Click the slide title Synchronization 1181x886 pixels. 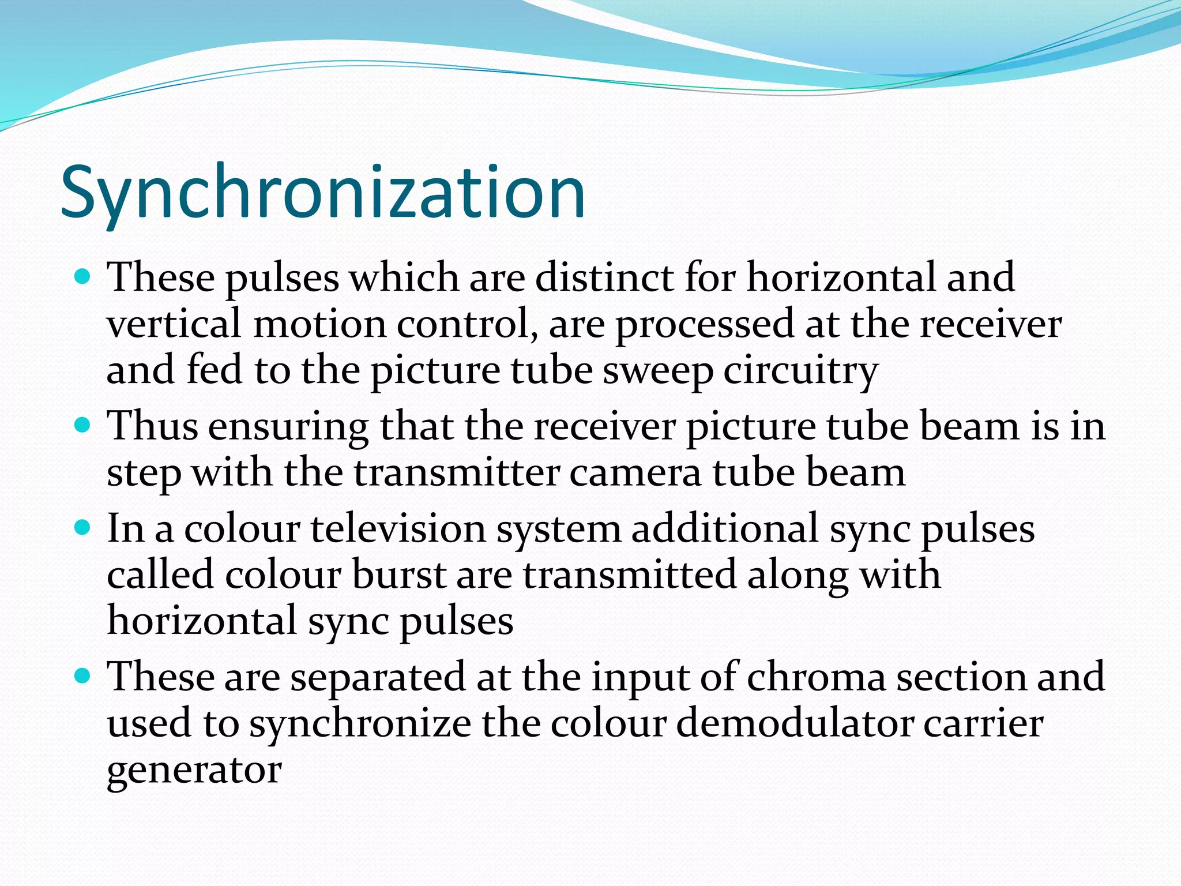pyautogui.click(x=323, y=193)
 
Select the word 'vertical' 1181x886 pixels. pyautogui.click(x=174, y=324)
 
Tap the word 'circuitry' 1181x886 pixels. pyautogui.click(x=801, y=371)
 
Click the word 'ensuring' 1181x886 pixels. pyautogui.click(x=288, y=427)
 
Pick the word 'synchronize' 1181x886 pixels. pyautogui.click(x=360, y=724)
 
